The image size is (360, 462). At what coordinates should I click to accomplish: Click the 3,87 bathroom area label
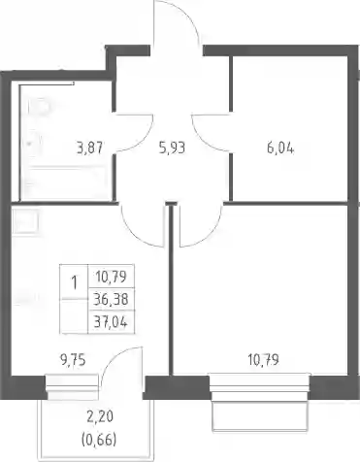89,148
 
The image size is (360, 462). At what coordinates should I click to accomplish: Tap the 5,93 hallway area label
172,148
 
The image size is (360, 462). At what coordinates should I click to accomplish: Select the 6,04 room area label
280,148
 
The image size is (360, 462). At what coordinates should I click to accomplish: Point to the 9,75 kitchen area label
73,359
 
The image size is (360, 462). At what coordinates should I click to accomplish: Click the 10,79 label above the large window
263,359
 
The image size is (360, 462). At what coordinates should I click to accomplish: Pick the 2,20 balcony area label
100,416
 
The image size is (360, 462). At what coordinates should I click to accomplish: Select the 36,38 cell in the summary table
111,299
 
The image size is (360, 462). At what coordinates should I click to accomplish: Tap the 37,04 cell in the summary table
111,321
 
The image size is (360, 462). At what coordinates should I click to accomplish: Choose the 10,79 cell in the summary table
111,277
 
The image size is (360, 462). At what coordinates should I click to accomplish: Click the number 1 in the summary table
75,282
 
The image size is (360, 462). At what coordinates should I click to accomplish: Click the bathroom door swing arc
144,139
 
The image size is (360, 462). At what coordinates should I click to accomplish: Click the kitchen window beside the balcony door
72,387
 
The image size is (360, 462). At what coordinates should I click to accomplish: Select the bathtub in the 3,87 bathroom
67,183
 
